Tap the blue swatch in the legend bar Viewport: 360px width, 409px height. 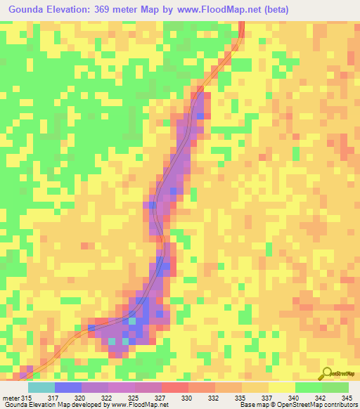pyautogui.click(x=68, y=387)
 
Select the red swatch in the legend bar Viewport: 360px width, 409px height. pyautogui.click(x=175, y=387)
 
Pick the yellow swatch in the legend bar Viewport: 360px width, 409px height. pyautogui.click(x=281, y=387)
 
